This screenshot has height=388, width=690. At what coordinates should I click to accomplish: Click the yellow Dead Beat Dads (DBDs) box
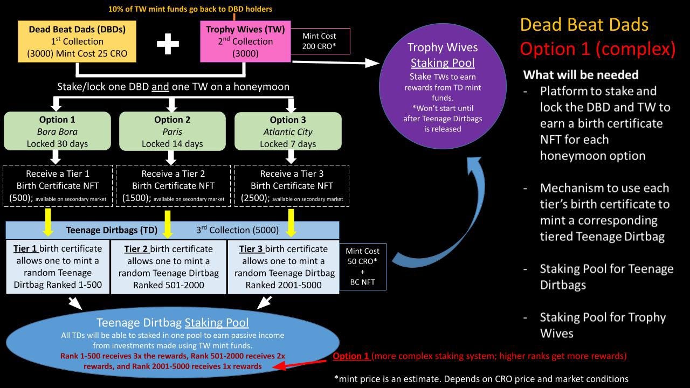[77, 41]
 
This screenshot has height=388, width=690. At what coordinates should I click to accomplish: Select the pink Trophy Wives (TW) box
[245, 41]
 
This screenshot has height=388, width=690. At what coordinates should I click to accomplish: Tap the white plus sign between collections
[168, 43]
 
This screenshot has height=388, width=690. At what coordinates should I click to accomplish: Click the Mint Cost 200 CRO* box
[319, 41]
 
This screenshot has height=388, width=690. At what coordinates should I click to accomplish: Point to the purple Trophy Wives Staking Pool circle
[442, 86]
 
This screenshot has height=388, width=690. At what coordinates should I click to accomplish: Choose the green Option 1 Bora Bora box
[57, 131]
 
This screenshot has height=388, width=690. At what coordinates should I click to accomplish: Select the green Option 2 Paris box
[172, 131]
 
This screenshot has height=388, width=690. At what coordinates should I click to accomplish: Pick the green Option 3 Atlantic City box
[288, 131]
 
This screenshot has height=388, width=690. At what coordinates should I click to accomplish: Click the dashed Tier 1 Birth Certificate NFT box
[58, 186]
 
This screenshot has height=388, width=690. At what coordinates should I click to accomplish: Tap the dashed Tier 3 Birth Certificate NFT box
[292, 186]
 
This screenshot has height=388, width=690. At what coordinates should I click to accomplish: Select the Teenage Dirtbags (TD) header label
[112, 230]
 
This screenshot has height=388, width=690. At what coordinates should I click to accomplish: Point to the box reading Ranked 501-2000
[169, 267]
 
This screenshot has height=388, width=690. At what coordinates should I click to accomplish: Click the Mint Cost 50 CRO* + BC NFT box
[362, 266]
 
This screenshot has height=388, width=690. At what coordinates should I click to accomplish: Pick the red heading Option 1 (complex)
[597, 49]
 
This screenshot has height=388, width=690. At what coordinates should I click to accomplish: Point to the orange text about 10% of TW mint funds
[190, 9]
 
